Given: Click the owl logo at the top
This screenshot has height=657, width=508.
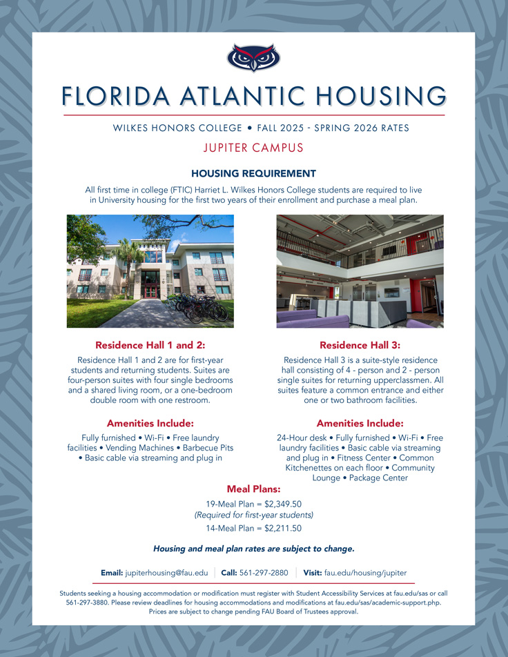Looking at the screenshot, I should pos(253,58).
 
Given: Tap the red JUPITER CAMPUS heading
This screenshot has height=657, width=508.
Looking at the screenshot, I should pos(253,148).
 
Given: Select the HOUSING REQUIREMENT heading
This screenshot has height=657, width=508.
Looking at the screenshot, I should pos(253,173).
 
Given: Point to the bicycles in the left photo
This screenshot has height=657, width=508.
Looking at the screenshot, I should pos(200,307).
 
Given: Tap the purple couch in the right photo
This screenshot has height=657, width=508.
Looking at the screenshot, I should pos(314,321).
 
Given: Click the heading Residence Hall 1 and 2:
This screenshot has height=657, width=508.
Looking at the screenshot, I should pos(150,344).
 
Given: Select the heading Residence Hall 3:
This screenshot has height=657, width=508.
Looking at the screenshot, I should pos(360,344).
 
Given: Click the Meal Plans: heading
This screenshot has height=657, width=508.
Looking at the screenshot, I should pos(253,489).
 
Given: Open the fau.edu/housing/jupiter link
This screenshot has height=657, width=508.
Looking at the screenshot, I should pos(365,573).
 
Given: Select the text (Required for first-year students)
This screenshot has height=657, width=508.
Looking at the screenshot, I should pos(253,516).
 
